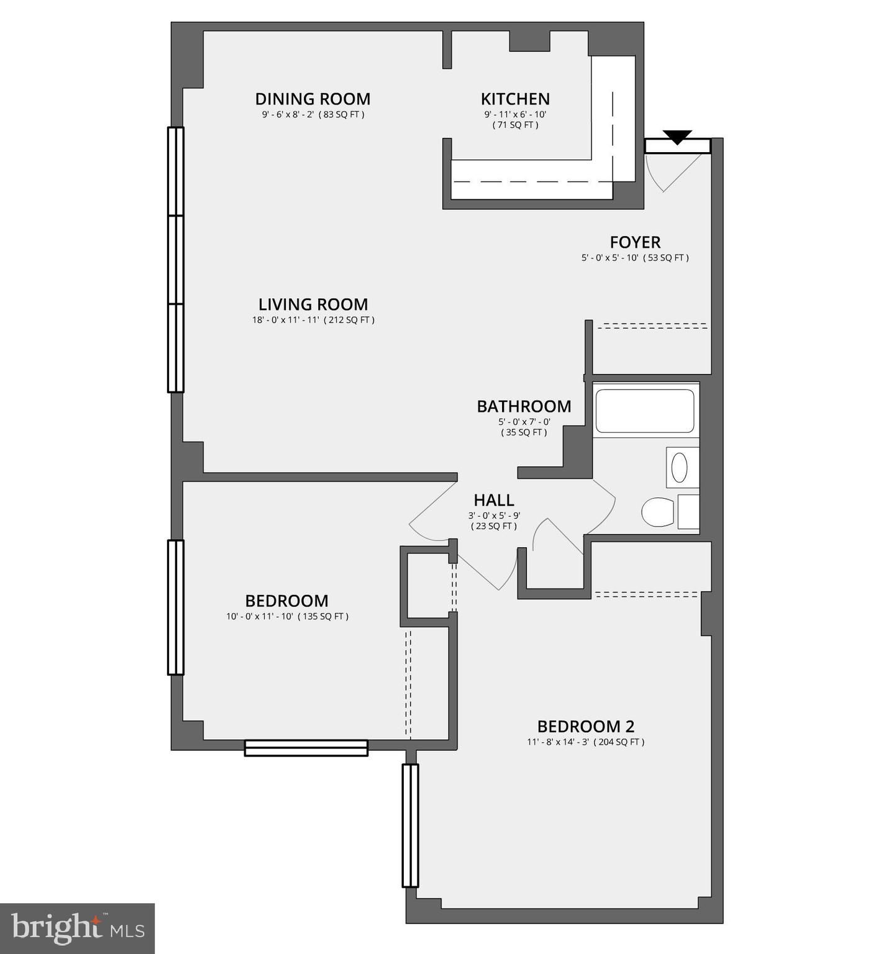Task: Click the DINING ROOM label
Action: click(x=313, y=99)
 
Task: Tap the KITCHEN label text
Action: click(x=515, y=99)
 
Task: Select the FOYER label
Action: click(x=635, y=242)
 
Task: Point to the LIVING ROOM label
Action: click(x=313, y=304)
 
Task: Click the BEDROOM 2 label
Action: click(x=585, y=726)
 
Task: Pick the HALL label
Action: click(x=494, y=500)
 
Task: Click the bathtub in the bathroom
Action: click(x=645, y=411)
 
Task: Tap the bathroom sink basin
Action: click(x=679, y=468)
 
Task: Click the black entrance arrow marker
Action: click(x=677, y=137)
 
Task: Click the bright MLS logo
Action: click(x=77, y=929)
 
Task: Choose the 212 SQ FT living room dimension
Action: click(x=313, y=320)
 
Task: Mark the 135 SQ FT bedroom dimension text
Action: click(x=287, y=617)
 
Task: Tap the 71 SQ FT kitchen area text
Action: click(x=515, y=125)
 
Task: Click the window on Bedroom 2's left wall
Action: click(x=410, y=825)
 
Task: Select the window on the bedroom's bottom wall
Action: click(x=306, y=748)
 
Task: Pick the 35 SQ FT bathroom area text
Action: click(x=524, y=432)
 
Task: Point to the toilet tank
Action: click(x=688, y=512)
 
